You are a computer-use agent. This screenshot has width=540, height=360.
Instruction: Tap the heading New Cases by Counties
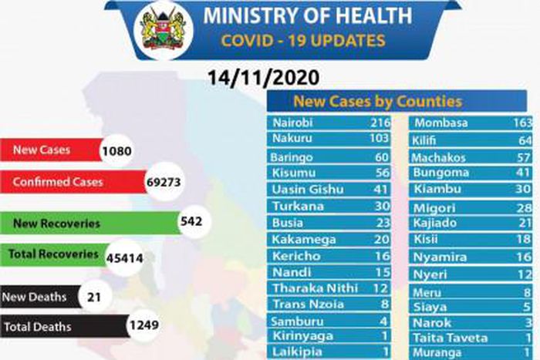(x=376, y=101)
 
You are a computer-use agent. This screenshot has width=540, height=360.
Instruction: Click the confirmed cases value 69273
(x=167, y=184)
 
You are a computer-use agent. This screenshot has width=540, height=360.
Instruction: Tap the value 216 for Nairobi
(x=380, y=123)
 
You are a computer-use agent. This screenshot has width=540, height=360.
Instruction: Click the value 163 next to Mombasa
(x=522, y=123)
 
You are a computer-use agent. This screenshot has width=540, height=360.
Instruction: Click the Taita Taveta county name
(x=450, y=338)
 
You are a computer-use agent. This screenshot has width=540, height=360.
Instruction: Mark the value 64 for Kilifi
(x=525, y=140)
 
